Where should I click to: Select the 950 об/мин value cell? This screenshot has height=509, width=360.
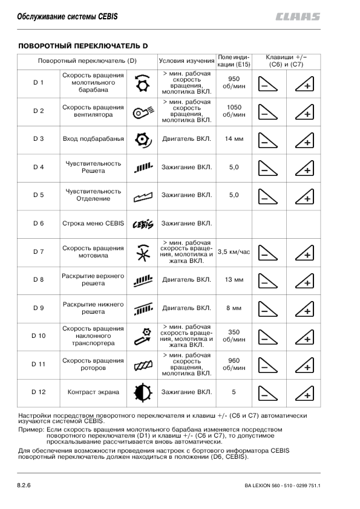tap(234, 83)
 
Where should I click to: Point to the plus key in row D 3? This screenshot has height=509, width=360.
tap(304, 140)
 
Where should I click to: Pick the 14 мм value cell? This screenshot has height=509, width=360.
tap(234, 139)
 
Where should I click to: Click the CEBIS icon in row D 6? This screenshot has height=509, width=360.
tap(142, 224)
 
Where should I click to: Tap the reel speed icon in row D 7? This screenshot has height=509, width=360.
tap(142, 253)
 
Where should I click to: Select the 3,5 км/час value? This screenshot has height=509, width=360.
tap(234, 251)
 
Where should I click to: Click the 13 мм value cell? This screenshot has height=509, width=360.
tap(234, 280)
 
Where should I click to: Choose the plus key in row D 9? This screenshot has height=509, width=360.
tap(304, 308)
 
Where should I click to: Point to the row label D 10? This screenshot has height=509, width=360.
tap(39, 336)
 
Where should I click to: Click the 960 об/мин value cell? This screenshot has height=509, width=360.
tap(234, 364)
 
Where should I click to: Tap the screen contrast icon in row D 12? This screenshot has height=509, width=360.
tap(142, 392)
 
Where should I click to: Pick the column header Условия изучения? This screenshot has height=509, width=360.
tap(187, 60)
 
